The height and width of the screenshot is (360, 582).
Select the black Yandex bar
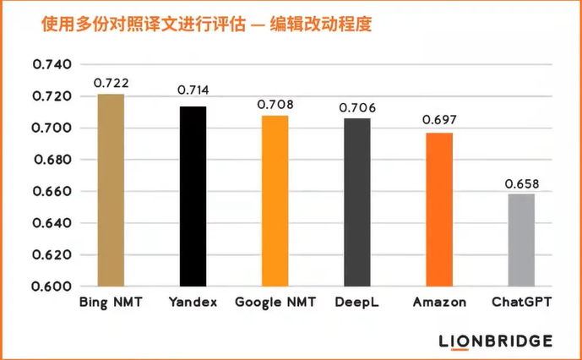(x=193, y=196)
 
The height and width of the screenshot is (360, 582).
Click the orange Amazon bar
(x=439, y=210)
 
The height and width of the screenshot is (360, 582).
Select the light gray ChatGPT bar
(x=521, y=240)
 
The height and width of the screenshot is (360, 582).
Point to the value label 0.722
(x=110, y=83)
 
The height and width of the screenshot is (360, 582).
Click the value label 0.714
(x=193, y=90)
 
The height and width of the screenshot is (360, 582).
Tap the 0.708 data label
(x=275, y=104)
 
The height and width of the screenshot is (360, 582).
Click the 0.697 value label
(x=439, y=121)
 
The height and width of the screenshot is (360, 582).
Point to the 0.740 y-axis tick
(x=51, y=64)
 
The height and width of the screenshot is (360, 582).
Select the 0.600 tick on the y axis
(x=51, y=286)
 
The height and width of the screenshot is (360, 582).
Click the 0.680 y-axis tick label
(x=51, y=160)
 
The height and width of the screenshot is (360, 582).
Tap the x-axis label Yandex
(x=193, y=302)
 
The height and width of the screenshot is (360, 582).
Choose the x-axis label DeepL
(x=356, y=302)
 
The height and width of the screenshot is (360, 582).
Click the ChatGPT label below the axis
(x=521, y=302)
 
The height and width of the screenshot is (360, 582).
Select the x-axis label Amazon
(x=439, y=302)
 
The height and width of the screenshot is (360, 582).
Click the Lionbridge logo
(x=496, y=341)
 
